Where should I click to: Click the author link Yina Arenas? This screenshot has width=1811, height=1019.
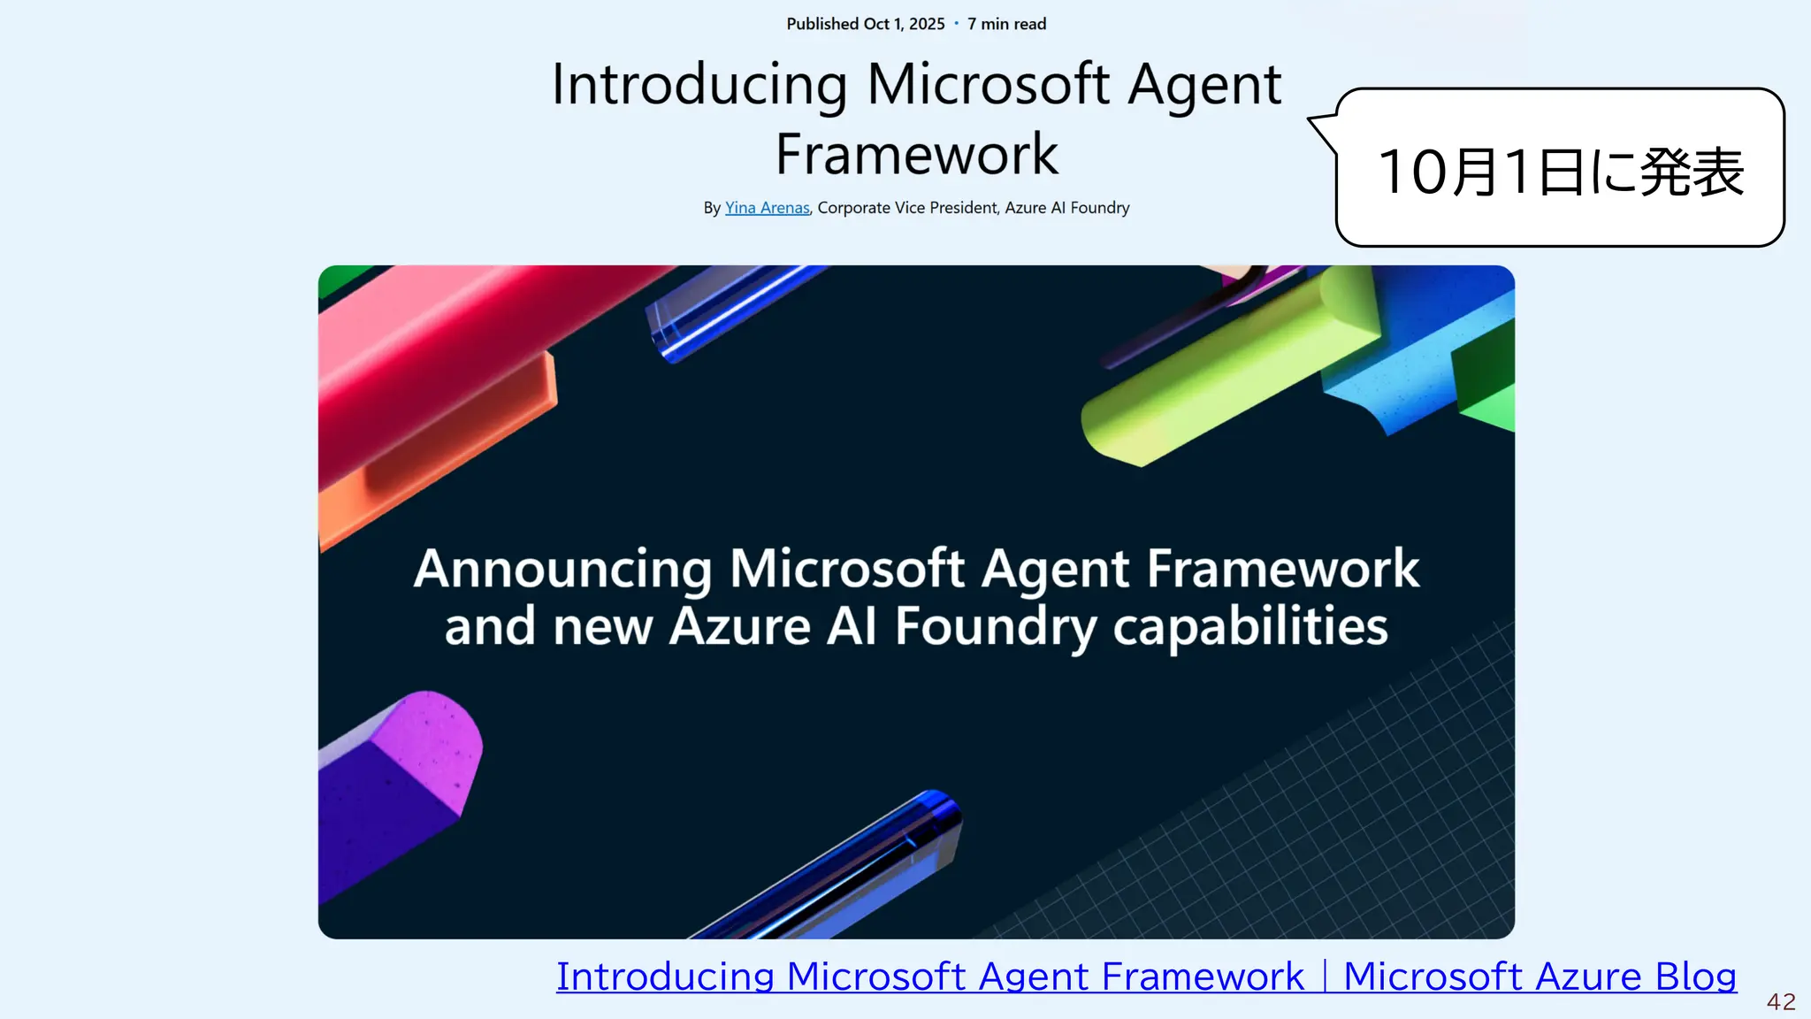[767, 208]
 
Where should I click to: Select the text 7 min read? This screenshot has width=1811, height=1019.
[1006, 24]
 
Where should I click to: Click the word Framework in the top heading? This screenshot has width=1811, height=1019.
[916, 155]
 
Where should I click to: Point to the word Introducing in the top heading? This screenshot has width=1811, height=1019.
[699, 85]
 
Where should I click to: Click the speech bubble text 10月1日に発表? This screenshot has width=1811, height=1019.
[1560, 172]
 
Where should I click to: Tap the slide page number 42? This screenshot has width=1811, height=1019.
[1781, 1001]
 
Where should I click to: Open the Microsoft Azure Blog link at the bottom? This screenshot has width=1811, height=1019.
[1539, 977]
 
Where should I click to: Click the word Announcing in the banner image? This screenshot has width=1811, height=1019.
[562, 569]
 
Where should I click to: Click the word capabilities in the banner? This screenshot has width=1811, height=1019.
[1249, 627]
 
